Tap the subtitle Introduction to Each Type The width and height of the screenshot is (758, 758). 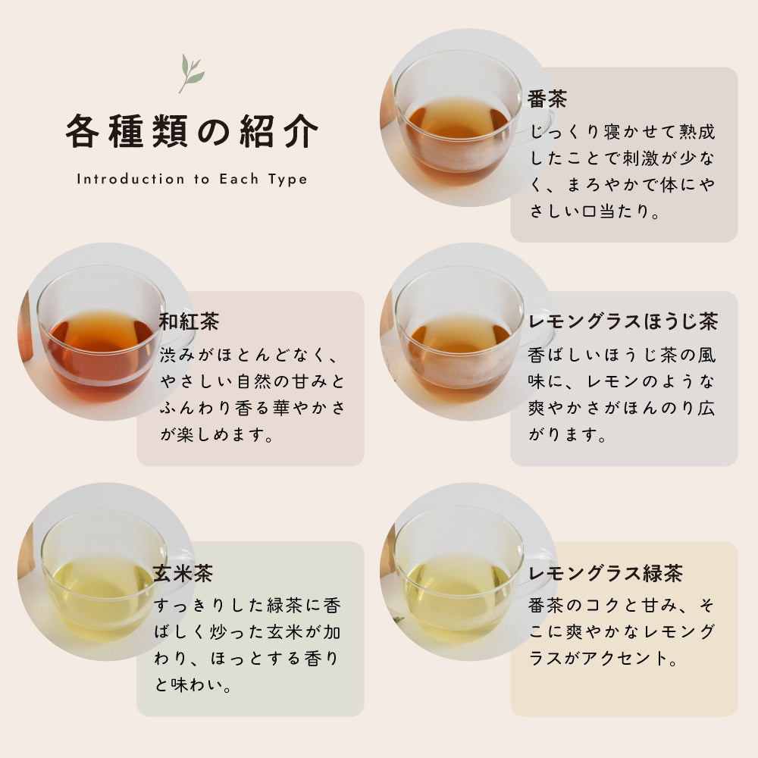pyautogui.click(x=192, y=180)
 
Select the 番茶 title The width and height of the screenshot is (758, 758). pyautogui.click(x=547, y=99)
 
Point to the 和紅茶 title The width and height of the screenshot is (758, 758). pyautogui.click(x=189, y=321)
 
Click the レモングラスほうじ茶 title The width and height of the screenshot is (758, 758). pyautogui.click(x=622, y=321)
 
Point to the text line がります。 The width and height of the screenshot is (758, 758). pyautogui.click(x=568, y=437)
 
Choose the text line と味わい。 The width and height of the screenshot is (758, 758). pyautogui.click(x=194, y=686)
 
